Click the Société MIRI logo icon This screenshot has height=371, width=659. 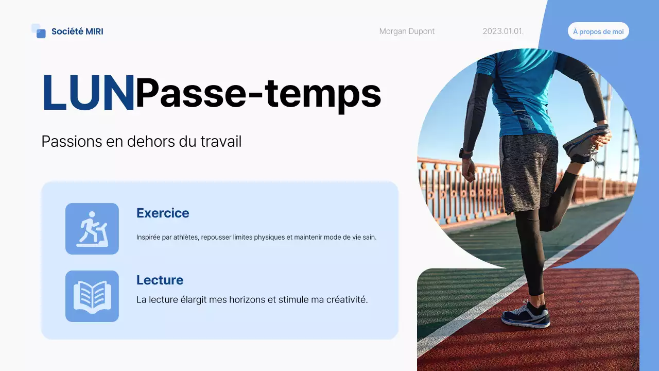(39, 31)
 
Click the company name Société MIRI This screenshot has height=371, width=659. (77, 31)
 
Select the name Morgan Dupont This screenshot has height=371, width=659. (407, 31)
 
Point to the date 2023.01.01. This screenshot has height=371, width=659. (503, 31)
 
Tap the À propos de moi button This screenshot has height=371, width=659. (598, 31)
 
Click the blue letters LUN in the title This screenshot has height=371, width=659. (88, 93)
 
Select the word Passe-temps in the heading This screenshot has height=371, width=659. (258, 93)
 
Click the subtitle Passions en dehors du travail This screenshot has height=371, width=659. (142, 142)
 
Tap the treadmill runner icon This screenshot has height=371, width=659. (92, 229)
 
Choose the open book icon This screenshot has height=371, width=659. (92, 296)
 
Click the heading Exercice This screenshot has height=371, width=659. (163, 213)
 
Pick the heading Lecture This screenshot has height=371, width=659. (160, 280)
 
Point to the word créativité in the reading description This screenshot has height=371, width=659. (346, 299)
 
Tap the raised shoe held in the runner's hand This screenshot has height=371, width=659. (584, 144)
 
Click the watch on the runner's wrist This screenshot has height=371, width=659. (466, 153)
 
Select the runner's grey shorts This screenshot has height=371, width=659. (528, 170)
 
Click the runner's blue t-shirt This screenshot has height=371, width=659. (520, 93)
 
